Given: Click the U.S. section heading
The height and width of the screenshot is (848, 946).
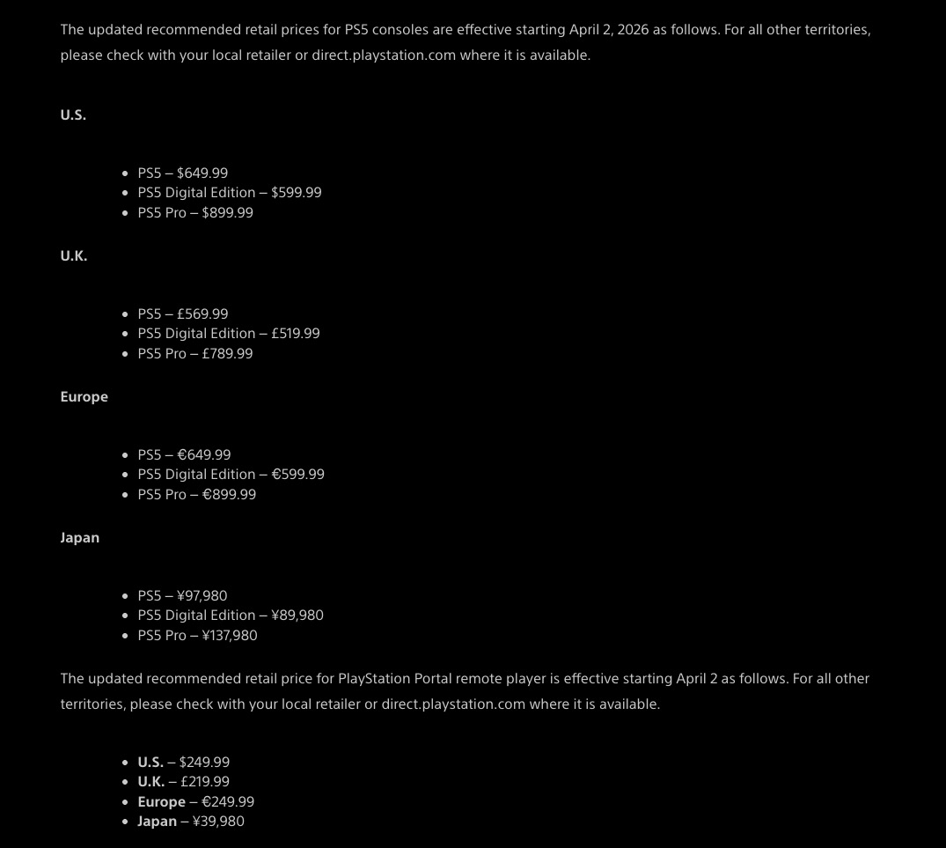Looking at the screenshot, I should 73,115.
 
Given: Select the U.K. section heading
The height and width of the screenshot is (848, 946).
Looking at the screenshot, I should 74,256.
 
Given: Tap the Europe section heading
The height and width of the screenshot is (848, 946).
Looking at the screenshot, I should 84,397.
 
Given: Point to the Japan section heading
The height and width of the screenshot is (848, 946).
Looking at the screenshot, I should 80,538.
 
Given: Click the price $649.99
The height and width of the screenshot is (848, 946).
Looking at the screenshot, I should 202,173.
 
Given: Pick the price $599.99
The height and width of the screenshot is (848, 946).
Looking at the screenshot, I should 297,193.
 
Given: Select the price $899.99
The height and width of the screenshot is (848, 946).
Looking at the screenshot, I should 228,213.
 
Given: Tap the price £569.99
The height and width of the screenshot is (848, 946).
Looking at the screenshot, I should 202,314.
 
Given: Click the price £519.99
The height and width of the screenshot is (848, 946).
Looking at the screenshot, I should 296,334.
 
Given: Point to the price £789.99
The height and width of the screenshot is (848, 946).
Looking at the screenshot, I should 228,354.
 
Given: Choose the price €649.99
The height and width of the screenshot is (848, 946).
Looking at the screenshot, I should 204,455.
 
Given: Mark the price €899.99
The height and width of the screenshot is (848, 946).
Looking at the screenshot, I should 230,495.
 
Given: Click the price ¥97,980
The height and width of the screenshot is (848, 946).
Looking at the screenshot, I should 202,596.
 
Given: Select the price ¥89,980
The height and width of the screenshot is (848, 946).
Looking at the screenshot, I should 297,616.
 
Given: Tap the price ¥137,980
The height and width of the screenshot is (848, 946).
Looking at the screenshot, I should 230,636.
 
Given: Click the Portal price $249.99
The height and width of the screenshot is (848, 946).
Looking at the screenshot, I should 204,763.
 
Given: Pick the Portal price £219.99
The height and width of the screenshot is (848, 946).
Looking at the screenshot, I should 205,782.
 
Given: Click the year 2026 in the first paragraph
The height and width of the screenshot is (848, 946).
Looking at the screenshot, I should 633,30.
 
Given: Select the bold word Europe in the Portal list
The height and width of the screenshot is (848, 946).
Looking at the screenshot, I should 162,802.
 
